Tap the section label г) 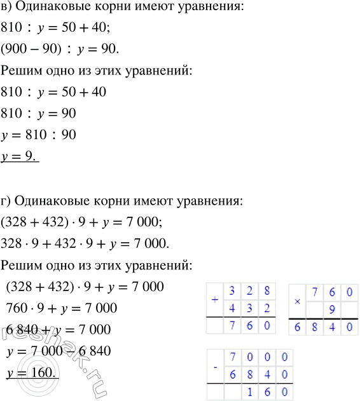click(8, 201)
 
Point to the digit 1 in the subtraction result click(251, 394)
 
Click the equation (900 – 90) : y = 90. click(60, 48)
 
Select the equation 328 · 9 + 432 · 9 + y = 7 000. click(85, 243)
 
